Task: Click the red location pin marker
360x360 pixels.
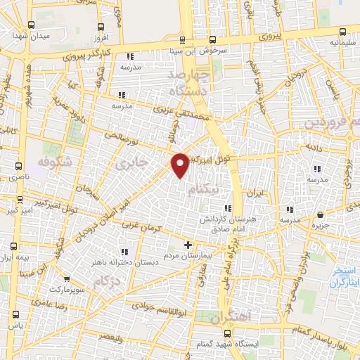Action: pyautogui.click(x=181, y=164)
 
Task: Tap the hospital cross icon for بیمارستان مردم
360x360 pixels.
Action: pyautogui.click(x=188, y=245)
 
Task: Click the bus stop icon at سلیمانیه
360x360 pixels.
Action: pyautogui.click(x=342, y=31)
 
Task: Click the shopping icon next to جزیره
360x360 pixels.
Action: pyautogui.click(x=321, y=214)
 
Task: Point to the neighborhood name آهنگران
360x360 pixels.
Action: pyautogui.click(x=225, y=317)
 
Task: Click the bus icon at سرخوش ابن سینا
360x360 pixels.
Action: pyautogui.click(x=182, y=39)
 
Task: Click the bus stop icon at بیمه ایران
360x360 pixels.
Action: pyautogui.click(x=14, y=246)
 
